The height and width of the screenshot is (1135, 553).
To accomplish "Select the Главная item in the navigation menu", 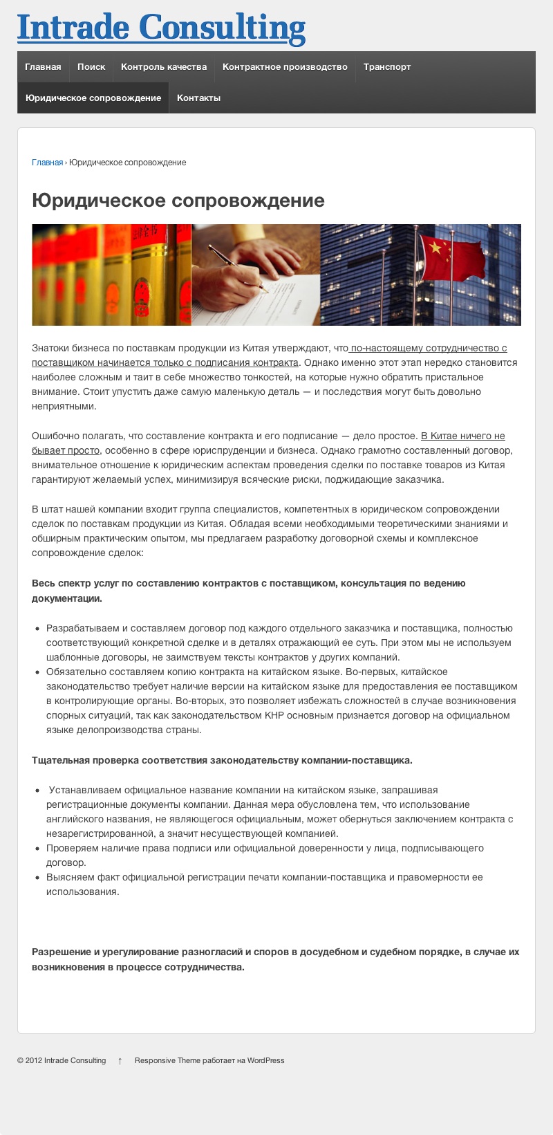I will click(x=43, y=67).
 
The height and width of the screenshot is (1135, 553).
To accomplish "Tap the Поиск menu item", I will click(x=91, y=67).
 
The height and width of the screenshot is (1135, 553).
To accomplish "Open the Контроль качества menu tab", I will click(x=164, y=67).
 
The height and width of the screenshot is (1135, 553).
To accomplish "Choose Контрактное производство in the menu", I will click(x=285, y=67).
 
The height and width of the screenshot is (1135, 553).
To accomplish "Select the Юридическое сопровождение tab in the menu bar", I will click(x=93, y=98).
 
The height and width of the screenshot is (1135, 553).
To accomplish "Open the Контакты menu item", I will click(x=198, y=98).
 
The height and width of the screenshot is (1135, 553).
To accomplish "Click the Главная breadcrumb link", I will click(x=47, y=163).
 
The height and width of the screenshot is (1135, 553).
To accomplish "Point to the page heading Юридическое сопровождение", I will click(x=178, y=201).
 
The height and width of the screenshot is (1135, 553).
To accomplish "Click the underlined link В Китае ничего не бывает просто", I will click(x=462, y=436).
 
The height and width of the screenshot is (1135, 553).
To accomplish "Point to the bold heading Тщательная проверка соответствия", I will click(x=222, y=761).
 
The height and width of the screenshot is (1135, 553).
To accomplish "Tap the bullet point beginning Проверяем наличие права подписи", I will click(x=265, y=849).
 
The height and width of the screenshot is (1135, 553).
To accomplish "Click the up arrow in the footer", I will click(x=120, y=1060).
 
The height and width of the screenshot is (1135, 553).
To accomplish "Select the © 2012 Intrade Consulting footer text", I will click(x=62, y=1060).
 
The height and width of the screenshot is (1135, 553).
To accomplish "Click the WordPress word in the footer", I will click(x=265, y=1060).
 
